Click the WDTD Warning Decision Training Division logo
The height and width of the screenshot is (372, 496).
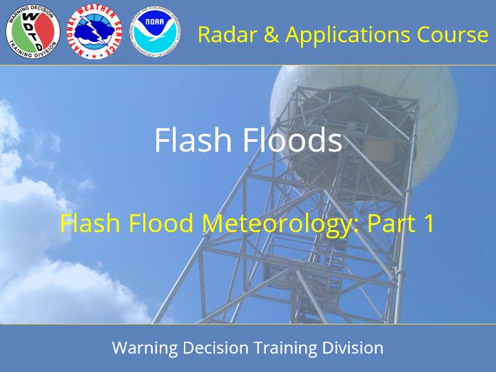coord(33,32)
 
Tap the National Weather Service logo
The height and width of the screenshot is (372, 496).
coord(94,32)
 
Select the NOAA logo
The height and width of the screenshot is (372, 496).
coord(156,32)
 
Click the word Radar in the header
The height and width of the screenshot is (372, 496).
coord(227,34)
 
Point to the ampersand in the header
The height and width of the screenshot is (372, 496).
coord(271,34)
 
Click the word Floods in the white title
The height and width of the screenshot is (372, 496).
coord(293,139)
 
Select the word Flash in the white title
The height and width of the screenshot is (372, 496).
coord(194,139)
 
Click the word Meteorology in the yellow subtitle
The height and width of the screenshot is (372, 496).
coord(280,224)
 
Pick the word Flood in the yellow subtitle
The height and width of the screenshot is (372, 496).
coord(161,223)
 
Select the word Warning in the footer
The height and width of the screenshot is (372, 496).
coord(145,348)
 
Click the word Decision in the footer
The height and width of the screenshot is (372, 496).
coord(216,348)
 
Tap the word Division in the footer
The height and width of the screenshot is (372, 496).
coord(353,348)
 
